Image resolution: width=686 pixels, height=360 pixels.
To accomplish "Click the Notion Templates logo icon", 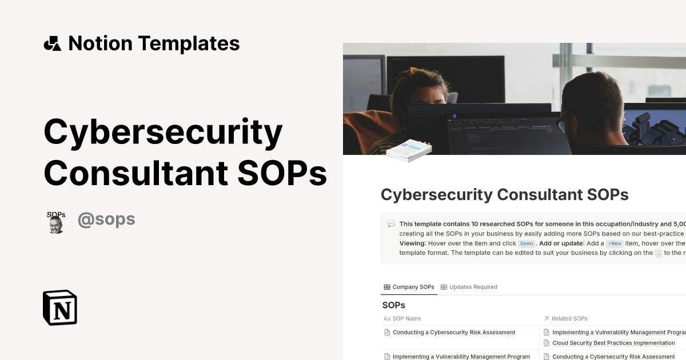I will pos(53,43).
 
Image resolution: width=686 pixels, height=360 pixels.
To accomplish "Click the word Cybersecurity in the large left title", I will pos(163,132).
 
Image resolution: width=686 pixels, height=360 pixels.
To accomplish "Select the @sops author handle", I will pos(106,219).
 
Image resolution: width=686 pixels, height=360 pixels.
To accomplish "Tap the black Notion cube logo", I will pos(60,307).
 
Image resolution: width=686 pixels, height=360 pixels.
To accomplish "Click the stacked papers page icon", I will pos(408,151).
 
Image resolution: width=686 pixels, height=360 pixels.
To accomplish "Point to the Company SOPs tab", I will pos(409,287).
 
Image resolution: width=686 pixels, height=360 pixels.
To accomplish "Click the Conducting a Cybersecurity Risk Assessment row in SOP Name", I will pos(454,333).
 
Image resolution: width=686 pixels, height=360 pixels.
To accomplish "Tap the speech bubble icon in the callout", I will pos(391,224).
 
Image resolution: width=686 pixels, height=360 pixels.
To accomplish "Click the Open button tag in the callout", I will pos(526,243).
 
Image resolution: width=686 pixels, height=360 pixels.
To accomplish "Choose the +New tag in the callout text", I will pos(615,243).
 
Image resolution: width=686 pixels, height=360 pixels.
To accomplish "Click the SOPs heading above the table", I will pos(394,305).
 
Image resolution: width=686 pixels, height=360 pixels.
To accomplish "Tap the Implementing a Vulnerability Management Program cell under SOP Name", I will pos(461,357).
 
